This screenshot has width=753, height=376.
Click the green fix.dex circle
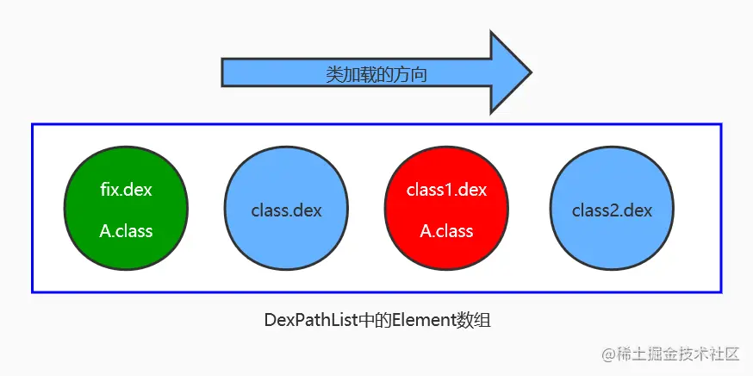tap(126, 208)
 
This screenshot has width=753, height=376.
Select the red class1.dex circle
tap(446, 208)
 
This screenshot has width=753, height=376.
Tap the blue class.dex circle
tap(286, 208)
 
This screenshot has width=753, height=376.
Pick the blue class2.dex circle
tap(612, 208)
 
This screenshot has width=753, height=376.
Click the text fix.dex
tap(126, 190)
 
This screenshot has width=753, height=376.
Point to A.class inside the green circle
tap(126, 231)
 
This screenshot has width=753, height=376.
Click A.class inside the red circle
tap(446, 231)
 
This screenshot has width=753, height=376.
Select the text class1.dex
tap(446, 190)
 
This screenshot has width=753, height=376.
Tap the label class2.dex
tap(612, 210)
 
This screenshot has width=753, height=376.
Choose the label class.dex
tap(286, 210)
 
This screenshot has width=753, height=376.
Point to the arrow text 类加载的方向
tap(376, 74)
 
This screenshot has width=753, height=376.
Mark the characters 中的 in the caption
tap(376, 320)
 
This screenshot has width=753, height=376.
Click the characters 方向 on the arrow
tap(409, 74)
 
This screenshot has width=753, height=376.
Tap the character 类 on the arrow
tap(333, 74)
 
